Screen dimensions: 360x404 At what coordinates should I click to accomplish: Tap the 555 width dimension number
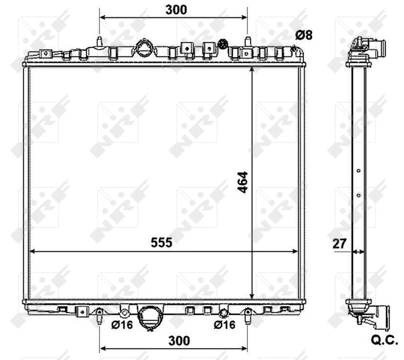pyautogui.click(x=161, y=242)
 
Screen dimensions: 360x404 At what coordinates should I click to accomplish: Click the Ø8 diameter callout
pyautogui.click(x=304, y=35)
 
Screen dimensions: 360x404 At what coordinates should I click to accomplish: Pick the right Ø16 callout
pyautogui.click(x=225, y=325)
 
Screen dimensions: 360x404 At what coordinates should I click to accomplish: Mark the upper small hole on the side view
pyautogui.click(x=358, y=171)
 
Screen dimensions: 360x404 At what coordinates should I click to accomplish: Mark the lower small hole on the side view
pyautogui.click(x=358, y=194)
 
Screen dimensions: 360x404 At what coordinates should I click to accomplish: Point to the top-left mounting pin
pyautogui.click(x=99, y=41)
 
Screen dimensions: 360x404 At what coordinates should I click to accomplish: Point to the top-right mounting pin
pyautogui.click(x=247, y=41)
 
